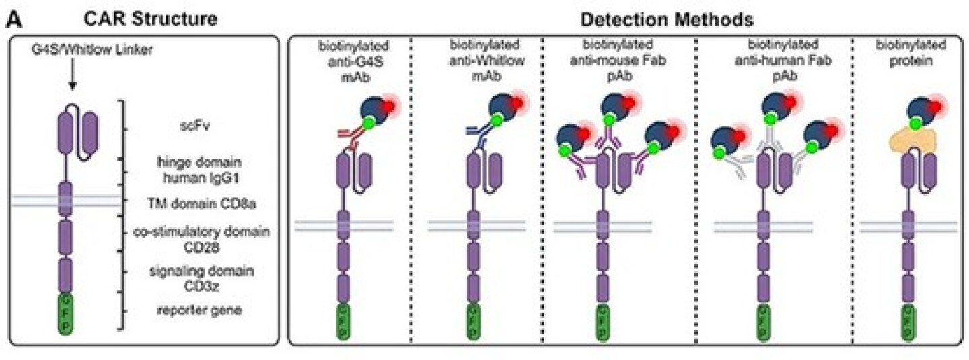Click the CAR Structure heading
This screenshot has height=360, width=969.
[x=151, y=19]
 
